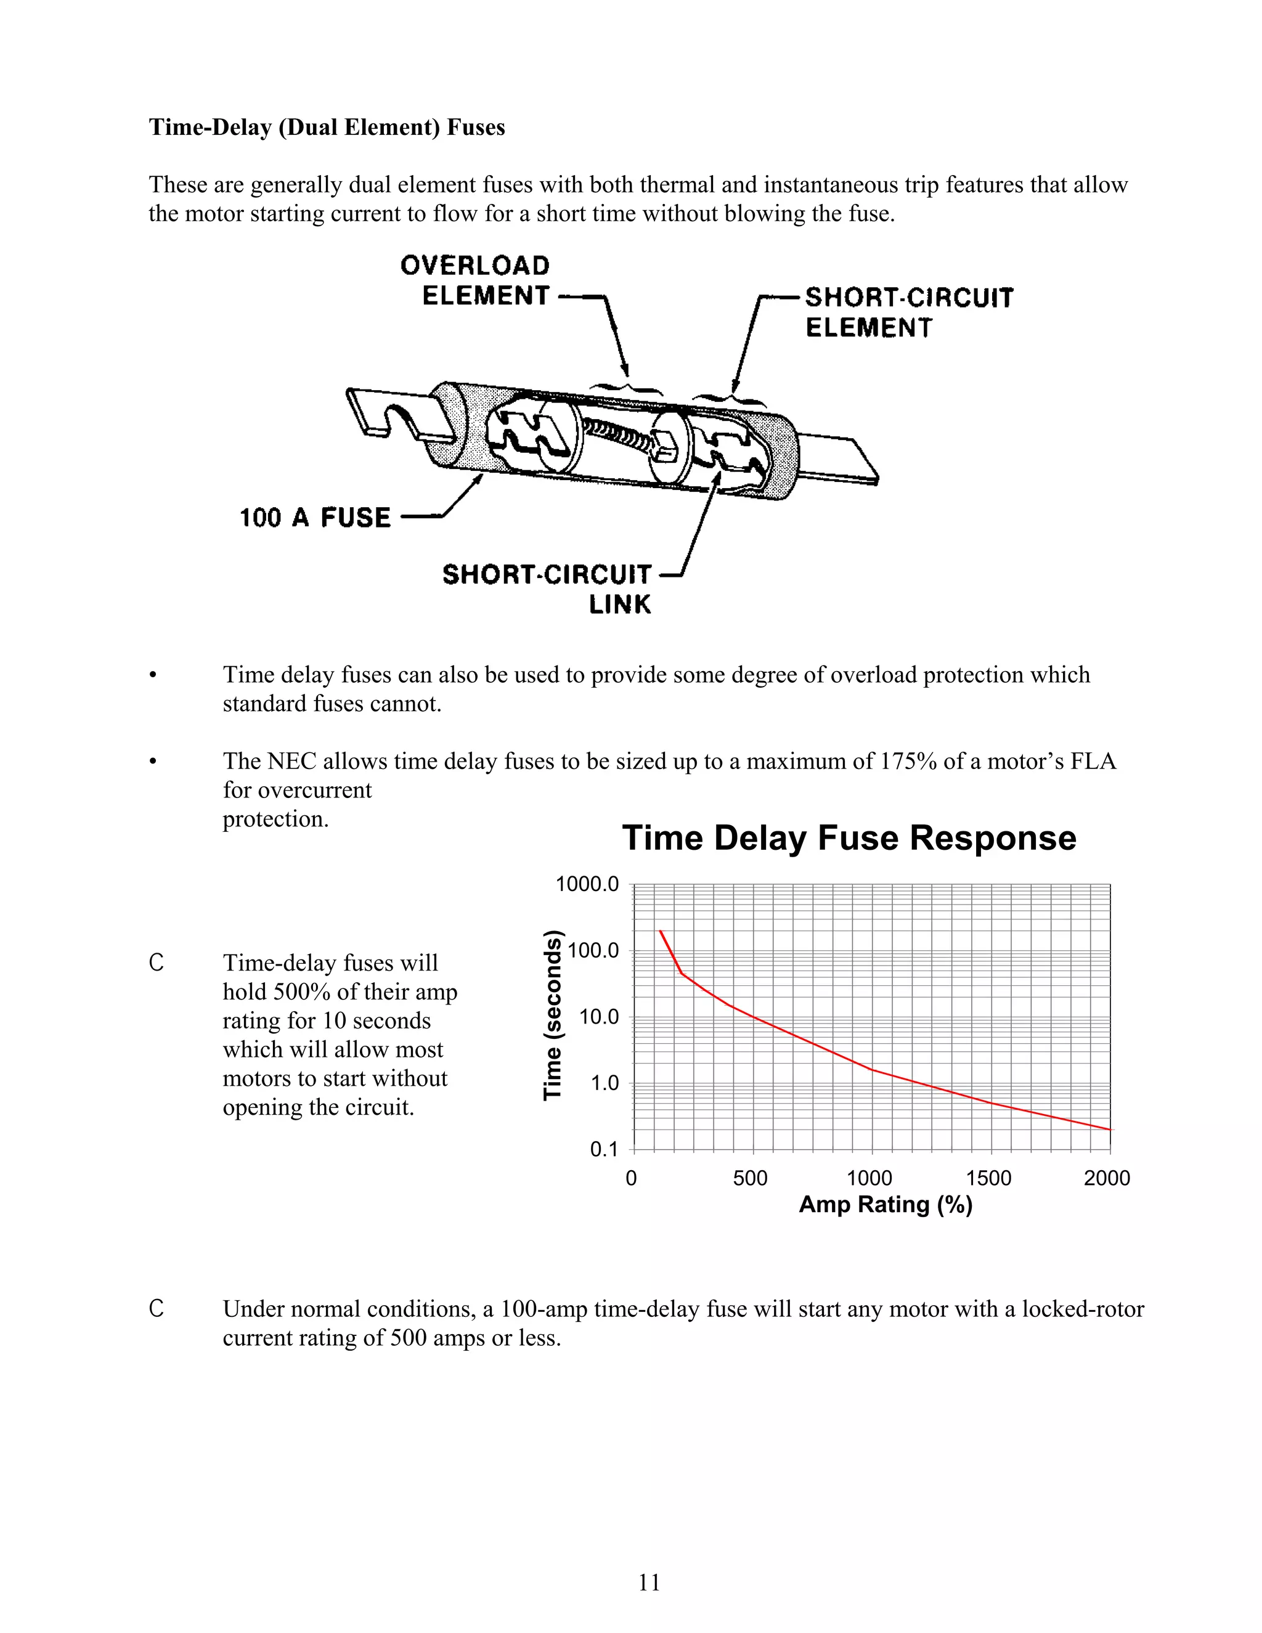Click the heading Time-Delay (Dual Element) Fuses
327,127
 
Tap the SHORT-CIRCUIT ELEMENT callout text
908,312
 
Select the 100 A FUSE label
315,518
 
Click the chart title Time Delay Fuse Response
849,837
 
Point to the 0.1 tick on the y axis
604,1150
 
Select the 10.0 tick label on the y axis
599,1017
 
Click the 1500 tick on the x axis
988,1178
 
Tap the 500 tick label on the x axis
750,1178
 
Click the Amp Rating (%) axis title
885,1205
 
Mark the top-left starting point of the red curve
660,931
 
